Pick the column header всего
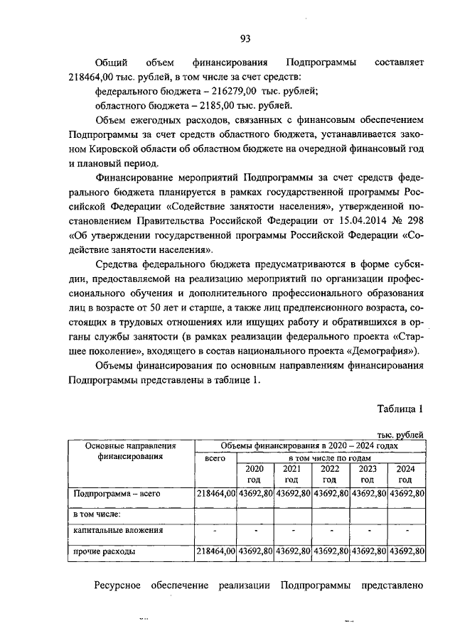(x=215, y=460)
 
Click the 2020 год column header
(x=255, y=474)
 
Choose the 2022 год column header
(x=330, y=474)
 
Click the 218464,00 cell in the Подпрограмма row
(x=215, y=493)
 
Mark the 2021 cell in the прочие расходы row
(x=291, y=551)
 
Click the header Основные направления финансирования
(x=129, y=451)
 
